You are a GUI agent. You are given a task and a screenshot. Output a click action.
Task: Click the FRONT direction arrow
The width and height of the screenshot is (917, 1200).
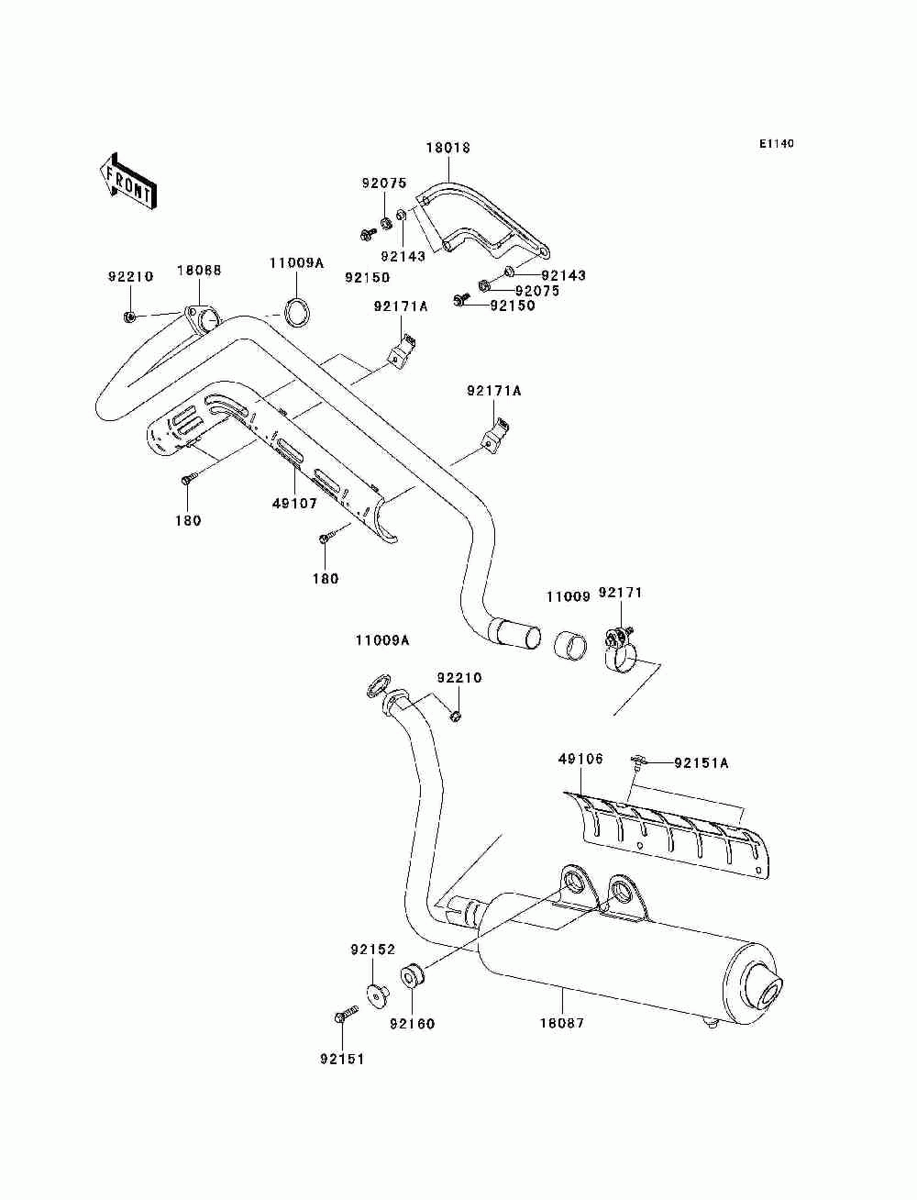[x=127, y=181]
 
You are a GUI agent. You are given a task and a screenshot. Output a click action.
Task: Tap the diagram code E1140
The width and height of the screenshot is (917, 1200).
[x=776, y=144]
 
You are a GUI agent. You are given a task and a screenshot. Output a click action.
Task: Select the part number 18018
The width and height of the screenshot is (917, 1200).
[x=448, y=148]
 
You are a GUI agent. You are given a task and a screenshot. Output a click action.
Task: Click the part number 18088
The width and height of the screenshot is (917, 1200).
[x=199, y=271]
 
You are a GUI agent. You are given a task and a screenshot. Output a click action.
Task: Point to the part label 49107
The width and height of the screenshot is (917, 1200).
[x=294, y=504]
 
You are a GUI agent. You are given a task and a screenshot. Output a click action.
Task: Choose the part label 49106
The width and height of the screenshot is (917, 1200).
[x=580, y=760]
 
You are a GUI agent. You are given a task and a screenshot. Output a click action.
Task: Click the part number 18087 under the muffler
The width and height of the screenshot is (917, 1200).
[x=562, y=1023]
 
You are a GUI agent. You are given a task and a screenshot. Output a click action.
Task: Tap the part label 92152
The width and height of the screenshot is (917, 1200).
[x=372, y=950]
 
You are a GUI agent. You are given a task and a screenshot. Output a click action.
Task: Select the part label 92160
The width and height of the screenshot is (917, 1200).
[x=412, y=1024]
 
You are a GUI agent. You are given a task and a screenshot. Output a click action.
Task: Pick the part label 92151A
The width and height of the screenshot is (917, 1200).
[x=702, y=763]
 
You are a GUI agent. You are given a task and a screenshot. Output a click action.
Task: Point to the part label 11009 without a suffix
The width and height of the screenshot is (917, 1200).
[x=569, y=596]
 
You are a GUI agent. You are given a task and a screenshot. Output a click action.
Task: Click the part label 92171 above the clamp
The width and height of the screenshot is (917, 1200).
[x=620, y=594]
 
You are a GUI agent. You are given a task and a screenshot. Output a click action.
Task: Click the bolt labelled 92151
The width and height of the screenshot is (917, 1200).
[x=346, y=1013]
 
